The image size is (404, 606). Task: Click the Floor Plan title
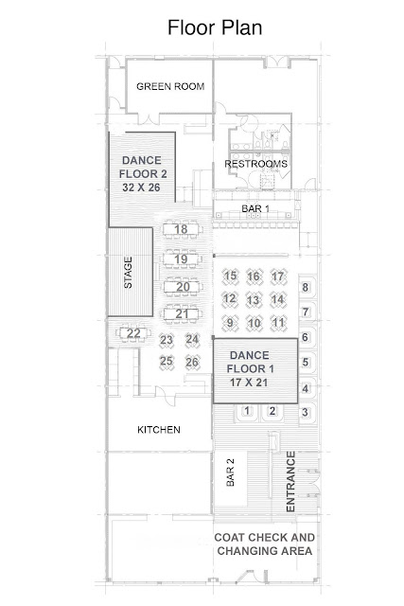215,27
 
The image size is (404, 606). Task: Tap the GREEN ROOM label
170,86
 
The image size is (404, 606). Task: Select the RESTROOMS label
256,164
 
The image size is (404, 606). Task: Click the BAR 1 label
255,208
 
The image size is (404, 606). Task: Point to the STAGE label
128,273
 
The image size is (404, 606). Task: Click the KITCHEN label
159,430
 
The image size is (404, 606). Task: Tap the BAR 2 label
230,472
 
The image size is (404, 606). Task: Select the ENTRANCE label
290,482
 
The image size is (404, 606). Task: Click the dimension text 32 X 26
141,187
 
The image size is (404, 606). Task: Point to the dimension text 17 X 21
249,383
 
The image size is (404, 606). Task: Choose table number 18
181,229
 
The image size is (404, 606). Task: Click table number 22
133,333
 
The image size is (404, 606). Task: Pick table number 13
253,300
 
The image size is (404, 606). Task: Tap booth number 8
306,288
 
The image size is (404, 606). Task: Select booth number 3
305,412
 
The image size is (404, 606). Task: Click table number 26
192,362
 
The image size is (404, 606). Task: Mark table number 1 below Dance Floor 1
247,411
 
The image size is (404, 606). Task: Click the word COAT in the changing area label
229,538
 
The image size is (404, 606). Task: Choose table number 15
230,276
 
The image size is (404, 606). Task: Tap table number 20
183,287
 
